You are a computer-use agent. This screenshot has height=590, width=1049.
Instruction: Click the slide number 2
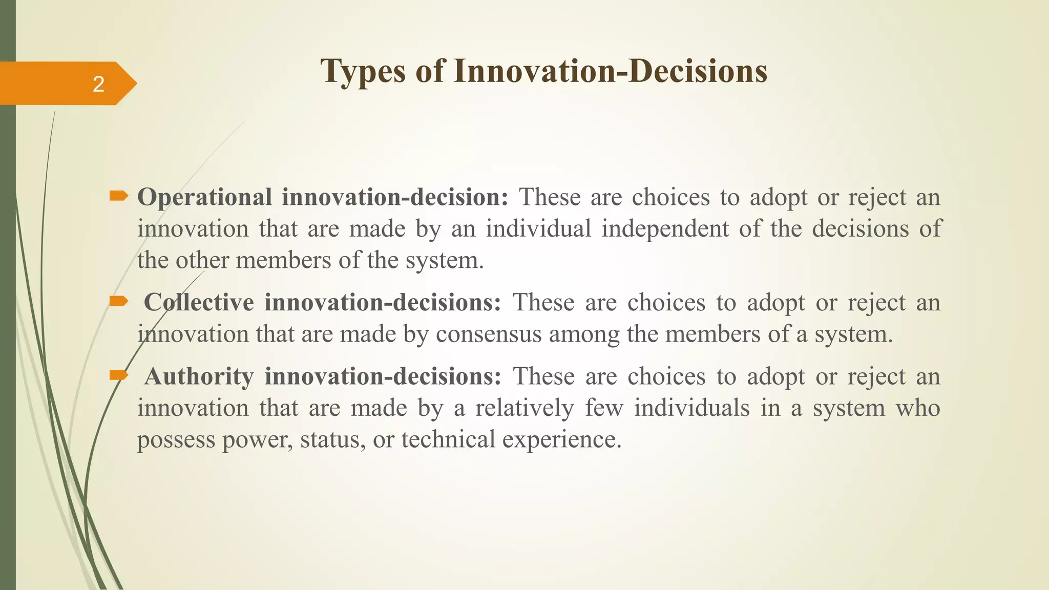click(x=98, y=84)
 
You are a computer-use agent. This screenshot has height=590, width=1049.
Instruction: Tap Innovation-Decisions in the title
click(x=610, y=71)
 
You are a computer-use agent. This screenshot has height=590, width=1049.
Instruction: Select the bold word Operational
click(x=204, y=197)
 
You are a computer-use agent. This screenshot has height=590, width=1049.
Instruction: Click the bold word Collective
click(x=199, y=302)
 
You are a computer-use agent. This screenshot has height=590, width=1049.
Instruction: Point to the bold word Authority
click(x=199, y=376)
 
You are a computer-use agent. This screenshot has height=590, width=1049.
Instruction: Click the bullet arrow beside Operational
click(x=119, y=195)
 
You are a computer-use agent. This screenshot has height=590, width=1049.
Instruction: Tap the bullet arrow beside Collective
click(x=119, y=301)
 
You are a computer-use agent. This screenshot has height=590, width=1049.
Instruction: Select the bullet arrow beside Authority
click(x=119, y=376)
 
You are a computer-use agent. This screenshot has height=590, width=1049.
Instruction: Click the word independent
click(x=665, y=228)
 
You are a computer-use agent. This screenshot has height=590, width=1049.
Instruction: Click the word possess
click(x=176, y=440)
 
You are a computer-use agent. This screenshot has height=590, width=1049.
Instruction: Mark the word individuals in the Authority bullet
click(x=692, y=408)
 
